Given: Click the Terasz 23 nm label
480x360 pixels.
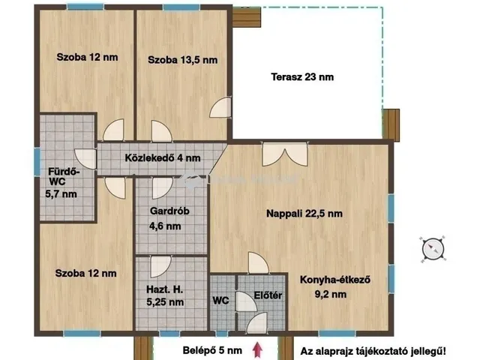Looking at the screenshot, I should coord(303,76).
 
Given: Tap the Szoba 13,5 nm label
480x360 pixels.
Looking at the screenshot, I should coord(182,60).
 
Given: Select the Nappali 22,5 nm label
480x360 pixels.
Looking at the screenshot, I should coord(304,214).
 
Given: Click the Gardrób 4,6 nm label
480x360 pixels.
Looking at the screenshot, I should coord(163,218).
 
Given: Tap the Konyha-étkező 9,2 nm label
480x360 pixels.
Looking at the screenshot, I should coord(335,287).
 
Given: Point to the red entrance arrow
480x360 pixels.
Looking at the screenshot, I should coord(259,349).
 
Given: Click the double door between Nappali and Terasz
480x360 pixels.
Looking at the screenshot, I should coord(274,154).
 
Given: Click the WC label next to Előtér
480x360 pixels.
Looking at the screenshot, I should coord(221,301).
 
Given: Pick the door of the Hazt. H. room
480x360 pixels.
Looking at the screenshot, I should coord(160,266).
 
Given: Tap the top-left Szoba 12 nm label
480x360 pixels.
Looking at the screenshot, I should coord(86,57).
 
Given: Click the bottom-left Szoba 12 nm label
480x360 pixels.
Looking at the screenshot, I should coord(85,273).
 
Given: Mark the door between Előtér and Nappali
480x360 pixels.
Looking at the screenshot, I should coord(257,263).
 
